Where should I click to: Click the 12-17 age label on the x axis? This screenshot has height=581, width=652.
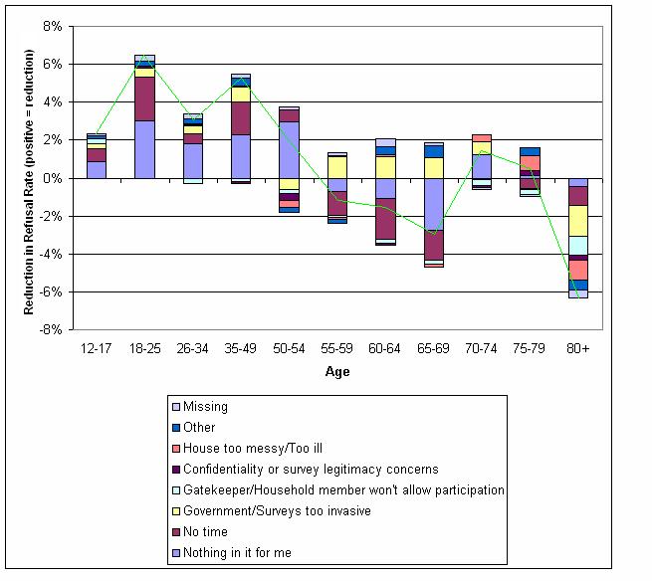click(x=96, y=349)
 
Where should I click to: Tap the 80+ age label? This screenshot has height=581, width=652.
click(x=578, y=349)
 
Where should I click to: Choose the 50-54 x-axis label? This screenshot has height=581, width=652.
click(x=289, y=349)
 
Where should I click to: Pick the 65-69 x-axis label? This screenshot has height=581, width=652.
click(x=433, y=349)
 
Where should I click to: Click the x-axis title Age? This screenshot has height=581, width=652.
click(x=336, y=372)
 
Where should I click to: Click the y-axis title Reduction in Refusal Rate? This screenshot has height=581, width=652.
click(x=30, y=177)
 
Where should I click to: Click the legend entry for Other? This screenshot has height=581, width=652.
click(x=200, y=427)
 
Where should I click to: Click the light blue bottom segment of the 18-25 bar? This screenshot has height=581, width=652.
click(x=144, y=149)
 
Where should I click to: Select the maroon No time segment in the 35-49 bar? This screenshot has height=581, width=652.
click(x=241, y=117)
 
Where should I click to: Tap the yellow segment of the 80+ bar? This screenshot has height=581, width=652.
click(x=578, y=220)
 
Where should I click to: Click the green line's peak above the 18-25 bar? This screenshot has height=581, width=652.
click(x=144, y=58)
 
